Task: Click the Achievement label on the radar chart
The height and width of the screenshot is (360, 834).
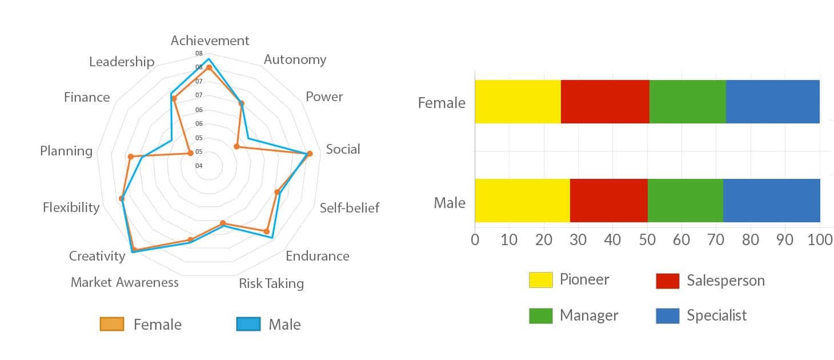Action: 210,41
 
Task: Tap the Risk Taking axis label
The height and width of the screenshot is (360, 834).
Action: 271,283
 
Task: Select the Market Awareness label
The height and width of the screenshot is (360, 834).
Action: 125,282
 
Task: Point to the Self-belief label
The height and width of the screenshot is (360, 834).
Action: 349,207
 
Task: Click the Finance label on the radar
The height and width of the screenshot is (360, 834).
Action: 87,97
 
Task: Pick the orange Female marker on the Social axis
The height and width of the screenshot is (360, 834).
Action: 310,154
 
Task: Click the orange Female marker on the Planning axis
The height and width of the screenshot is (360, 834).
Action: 130,157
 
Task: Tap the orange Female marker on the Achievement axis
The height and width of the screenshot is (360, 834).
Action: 209,67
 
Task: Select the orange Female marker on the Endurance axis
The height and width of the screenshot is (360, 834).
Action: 266,231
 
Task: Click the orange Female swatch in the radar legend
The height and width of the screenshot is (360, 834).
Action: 112,325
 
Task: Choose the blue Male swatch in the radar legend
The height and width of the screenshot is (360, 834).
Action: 248,325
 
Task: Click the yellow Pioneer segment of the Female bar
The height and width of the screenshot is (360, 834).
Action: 518,102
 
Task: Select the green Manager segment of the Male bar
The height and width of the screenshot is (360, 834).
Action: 685,201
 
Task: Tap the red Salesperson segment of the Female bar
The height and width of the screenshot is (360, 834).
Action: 605,102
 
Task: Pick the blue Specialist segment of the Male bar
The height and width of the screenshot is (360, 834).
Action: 771,201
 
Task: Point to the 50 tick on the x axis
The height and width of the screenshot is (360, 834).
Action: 647,239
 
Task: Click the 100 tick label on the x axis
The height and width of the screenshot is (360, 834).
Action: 820,239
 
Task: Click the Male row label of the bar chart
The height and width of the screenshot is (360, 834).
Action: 450,203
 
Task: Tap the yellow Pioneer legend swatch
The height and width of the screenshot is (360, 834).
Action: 540,280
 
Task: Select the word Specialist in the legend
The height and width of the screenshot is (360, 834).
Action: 716,315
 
